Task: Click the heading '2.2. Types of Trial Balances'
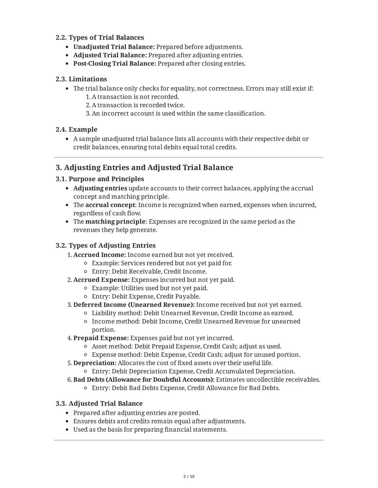(x=100, y=37)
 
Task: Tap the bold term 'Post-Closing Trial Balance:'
(x=114, y=64)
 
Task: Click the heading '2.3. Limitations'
(x=81, y=79)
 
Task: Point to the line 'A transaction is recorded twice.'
(x=138, y=105)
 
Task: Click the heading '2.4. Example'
(x=76, y=129)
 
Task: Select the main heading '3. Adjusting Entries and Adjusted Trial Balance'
(x=144, y=167)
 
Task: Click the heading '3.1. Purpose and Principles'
(x=100, y=179)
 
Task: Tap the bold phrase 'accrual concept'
(x=110, y=205)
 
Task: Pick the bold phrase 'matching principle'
(x=115, y=221)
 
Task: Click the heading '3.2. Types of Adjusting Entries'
(x=105, y=245)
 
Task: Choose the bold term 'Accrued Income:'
(x=99, y=255)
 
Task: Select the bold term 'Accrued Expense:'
(x=101, y=280)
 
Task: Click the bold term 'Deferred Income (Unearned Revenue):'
(x=134, y=305)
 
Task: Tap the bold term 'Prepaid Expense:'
(x=101, y=338)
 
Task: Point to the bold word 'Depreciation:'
(x=94, y=363)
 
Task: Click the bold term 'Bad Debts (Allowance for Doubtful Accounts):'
(x=143, y=380)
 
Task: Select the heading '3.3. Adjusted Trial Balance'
(x=99, y=403)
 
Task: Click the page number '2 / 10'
(x=189, y=476)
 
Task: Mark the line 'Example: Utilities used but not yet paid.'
(x=149, y=288)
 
